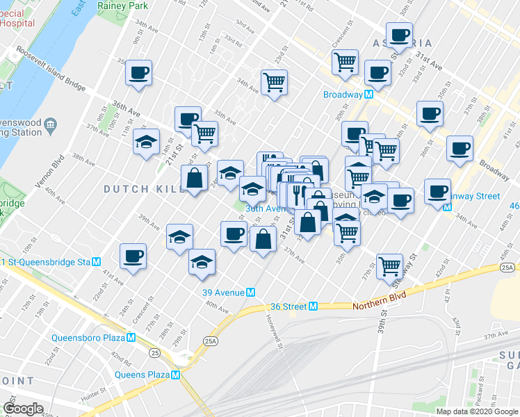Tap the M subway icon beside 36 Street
click(x=314, y=306)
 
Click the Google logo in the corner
click(x=23, y=408)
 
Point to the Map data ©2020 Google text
click(x=476, y=411)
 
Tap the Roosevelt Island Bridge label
click(x=52, y=69)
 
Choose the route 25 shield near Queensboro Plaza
click(x=154, y=353)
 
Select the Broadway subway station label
click(x=343, y=95)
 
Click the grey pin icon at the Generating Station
click(x=51, y=126)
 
